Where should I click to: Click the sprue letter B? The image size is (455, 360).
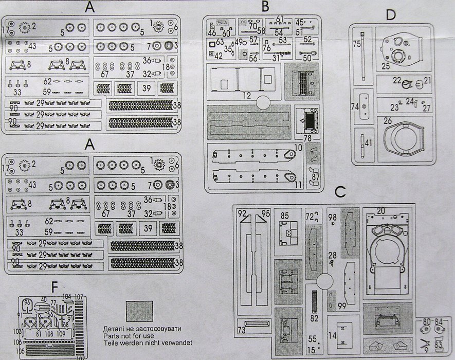coord(265,7)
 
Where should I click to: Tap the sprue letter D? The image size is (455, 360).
coord(391,15)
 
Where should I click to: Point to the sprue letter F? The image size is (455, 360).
coord(54,286)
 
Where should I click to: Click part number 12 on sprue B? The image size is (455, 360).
coord(247,95)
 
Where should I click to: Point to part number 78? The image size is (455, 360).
coord(308,138)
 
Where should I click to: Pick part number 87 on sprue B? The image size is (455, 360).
coord(316,176)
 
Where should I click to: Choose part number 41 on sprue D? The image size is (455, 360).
coord(368,142)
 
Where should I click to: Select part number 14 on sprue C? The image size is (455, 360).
coord(333,335)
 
